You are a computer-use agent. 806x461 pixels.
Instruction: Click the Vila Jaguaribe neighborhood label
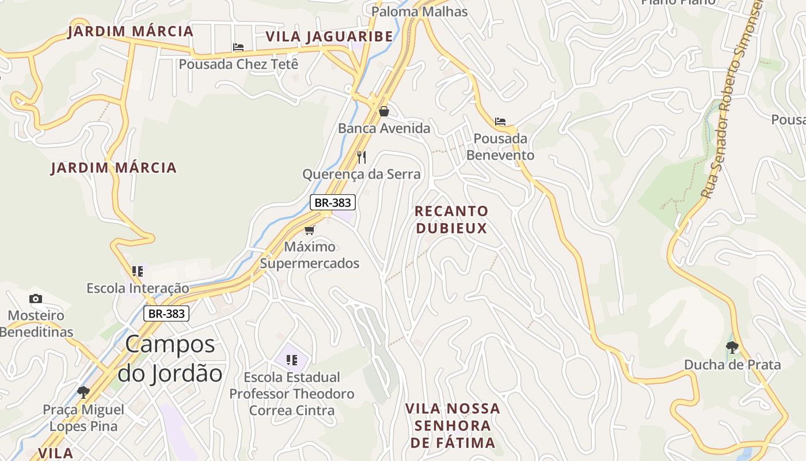pyautogui.click(x=329, y=37)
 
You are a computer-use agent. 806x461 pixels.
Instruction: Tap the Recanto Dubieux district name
pyautogui.click(x=451, y=220)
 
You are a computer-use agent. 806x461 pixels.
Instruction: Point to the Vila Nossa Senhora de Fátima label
pyautogui.click(x=453, y=426)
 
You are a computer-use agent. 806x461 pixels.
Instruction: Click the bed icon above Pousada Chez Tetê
pyautogui.click(x=238, y=47)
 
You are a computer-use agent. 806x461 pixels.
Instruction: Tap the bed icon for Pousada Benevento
pyautogui.click(x=500, y=122)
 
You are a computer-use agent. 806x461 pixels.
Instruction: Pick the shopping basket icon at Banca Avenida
pyautogui.click(x=384, y=111)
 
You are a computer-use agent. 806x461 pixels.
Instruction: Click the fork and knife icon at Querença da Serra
pyautogui.click(x=362, y=157)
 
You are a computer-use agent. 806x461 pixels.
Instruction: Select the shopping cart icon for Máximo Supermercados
pyautogui.click(x=310, y=231)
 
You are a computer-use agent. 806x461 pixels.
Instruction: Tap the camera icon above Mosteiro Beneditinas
pyautogui.click(x=36, y=298)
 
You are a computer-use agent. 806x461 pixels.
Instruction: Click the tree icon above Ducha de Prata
pyautogui.click(x=732, y=347)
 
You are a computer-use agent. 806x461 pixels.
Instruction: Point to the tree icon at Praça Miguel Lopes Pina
pyautogui.click(x=83, y=392)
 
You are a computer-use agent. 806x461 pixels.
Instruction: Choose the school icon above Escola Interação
pyautogui.click(x=138, y=271)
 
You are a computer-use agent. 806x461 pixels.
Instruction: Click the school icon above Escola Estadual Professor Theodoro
pyautogui.click(x=292, y=360)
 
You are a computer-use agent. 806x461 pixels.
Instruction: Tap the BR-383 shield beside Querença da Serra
pyautogui.click(x=332, y=203)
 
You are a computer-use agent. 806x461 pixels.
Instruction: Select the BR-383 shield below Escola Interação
pyautogui.click(x=166, y=313)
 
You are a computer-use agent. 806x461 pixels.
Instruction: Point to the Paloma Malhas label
pyautogui.click(x=419, y=12)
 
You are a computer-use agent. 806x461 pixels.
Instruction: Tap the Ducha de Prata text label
pyautogui.click(x=732, y=365)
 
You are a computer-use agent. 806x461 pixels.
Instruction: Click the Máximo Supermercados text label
pyautogui.click(x=310, y=255)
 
